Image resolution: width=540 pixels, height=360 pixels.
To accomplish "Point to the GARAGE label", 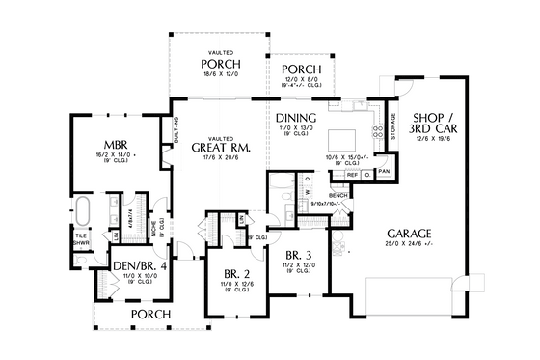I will tap(410, 234).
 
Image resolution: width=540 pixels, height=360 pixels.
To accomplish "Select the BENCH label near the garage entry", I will tap(337, 194).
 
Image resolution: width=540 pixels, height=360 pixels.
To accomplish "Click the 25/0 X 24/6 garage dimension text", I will tap(410, 245).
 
